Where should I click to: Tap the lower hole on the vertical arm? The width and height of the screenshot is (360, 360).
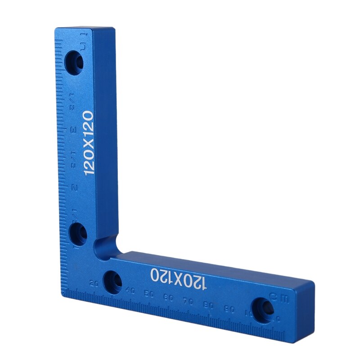[x=80, y=233]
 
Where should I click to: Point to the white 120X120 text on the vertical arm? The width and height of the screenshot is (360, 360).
[x=87, y=143]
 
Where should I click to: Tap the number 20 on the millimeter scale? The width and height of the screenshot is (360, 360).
[x=94, y=283]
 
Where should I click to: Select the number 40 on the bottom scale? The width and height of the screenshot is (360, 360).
[x=130, y=291]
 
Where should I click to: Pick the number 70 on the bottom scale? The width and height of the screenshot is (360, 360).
[x=188, y=301]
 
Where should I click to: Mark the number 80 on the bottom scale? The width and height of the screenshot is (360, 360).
[x=208, y=305]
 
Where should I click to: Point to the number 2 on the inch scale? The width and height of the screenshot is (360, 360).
[x=74, y=187]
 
